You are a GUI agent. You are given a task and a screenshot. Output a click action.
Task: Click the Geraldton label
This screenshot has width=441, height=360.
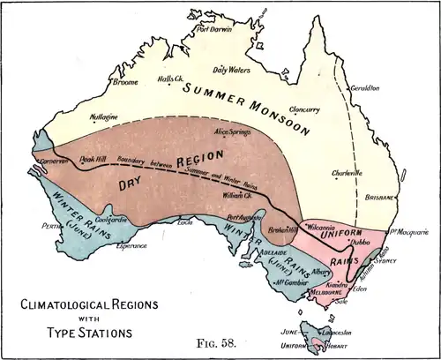coord(363,88)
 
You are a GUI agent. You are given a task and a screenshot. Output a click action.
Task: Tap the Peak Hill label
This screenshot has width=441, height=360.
coord(92,159)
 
